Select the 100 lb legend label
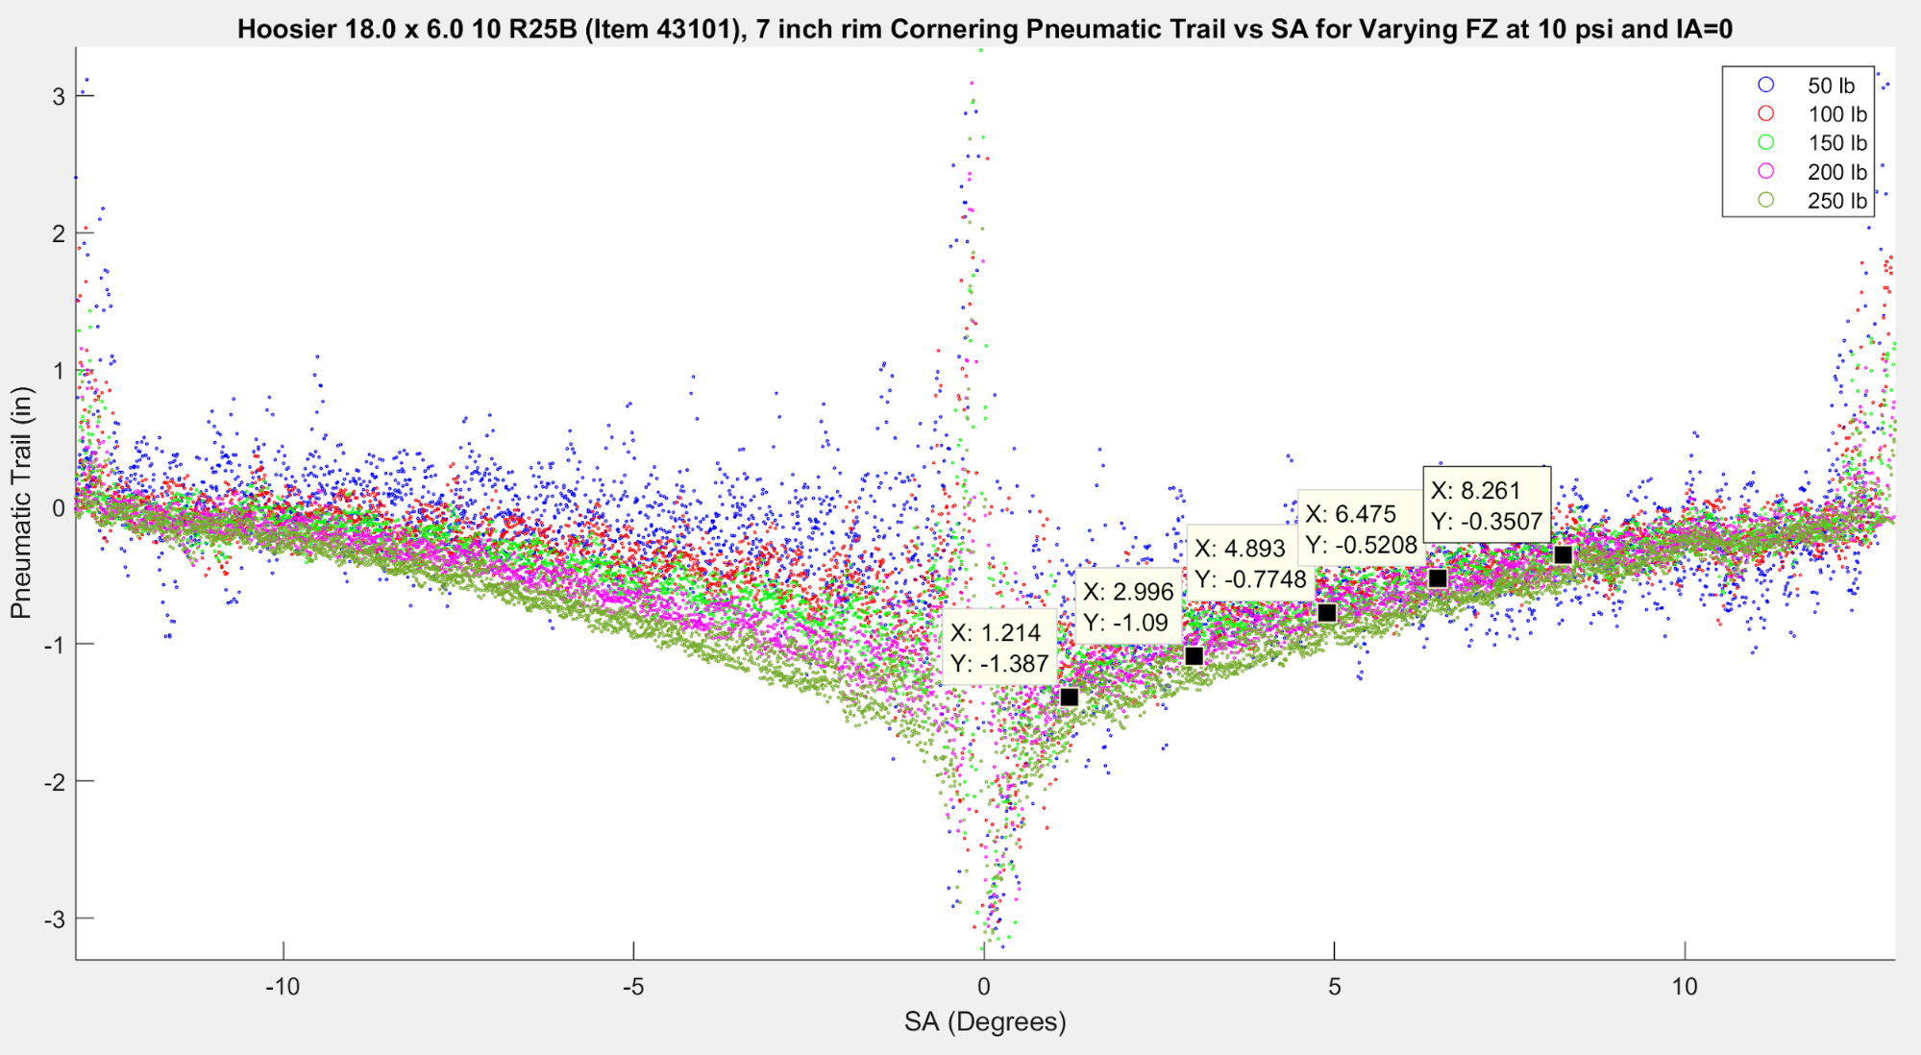(x=1836, y=114)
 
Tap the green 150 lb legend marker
(x=1766, y=142)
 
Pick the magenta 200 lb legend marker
(x=1766, y=171)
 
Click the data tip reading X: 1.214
(x=998, y=647)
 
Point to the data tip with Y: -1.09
(x=1128, y=607)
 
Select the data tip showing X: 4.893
(x=1250, y=563)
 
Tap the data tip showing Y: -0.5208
(x=1361, y=528)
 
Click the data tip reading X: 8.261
(x=1486, y=505)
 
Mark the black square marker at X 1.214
(x=1070, y=698)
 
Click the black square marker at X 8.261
(x=1564, y=554)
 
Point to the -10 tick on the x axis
(x=283, y=987)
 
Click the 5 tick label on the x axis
(x=1334, y=987)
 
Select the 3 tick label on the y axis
(x=59, y=96)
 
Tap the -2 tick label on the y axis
(x=54, y=782)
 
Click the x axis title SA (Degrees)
(x=985, y=1021)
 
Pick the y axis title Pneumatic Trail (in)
(x=21, y=503)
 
